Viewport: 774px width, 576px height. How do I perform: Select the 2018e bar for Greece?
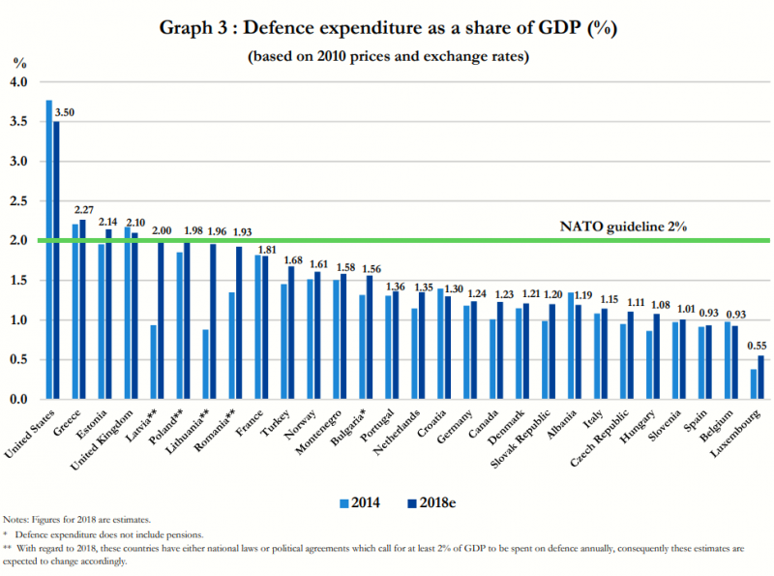pos(83,310)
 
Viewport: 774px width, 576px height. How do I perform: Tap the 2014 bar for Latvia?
pos(154,362)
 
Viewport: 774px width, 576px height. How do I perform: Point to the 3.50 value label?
pos(65,112)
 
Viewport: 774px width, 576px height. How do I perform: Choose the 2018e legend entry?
pos(422,501)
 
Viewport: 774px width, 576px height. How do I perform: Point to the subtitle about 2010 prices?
pos(387,55)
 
